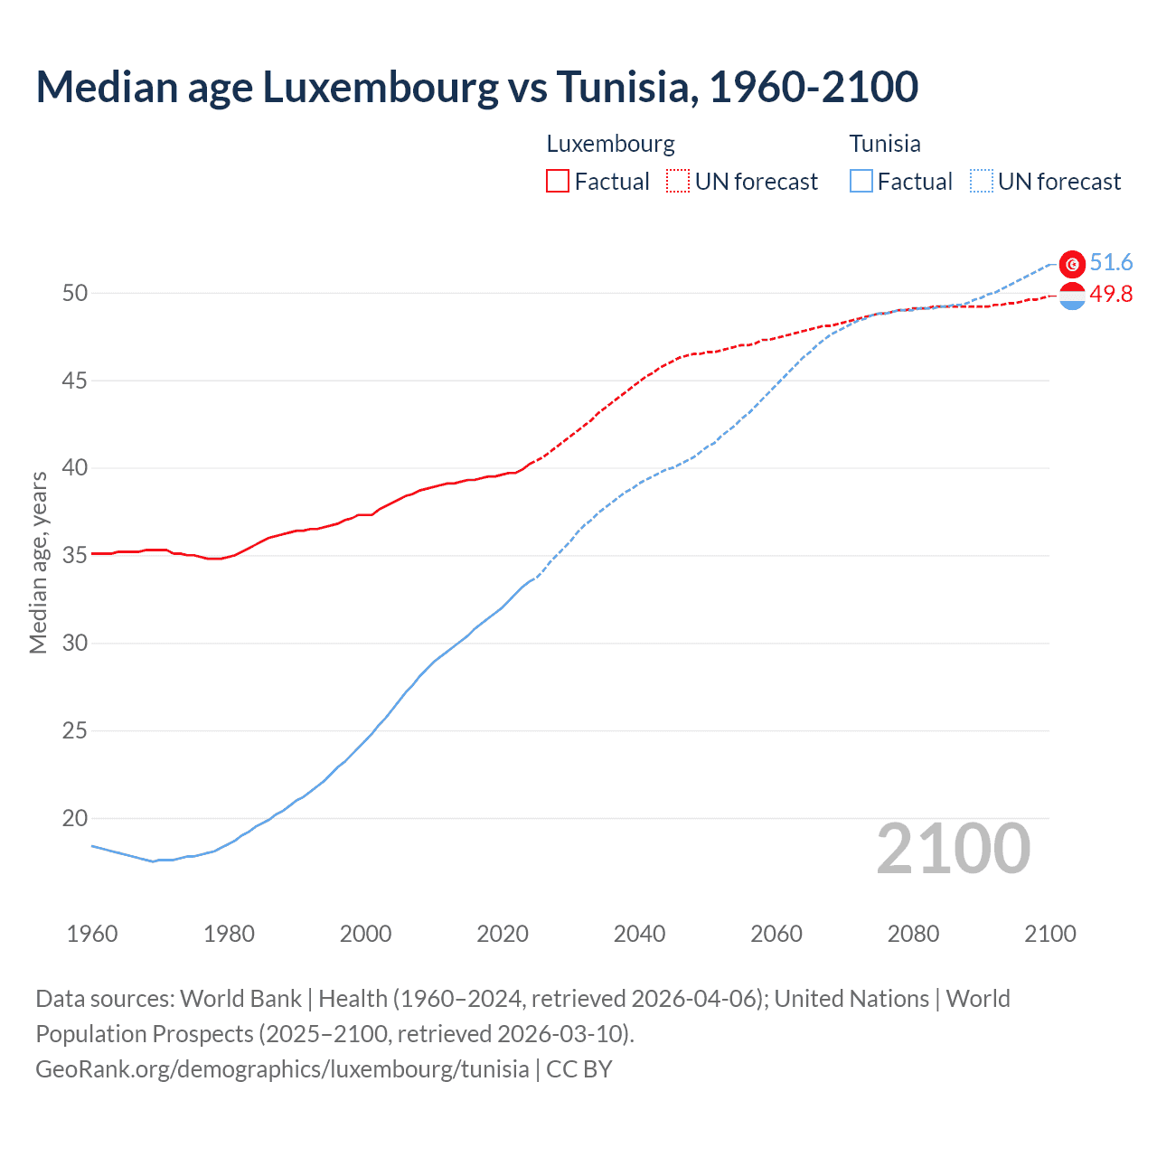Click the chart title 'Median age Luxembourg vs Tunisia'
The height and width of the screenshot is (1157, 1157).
(x=476, y=88)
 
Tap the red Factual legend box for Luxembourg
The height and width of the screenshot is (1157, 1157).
(x=558, y=182)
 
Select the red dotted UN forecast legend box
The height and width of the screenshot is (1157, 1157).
(x=678, y=182)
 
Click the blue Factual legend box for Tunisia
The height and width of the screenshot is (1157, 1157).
(x=861, y=182)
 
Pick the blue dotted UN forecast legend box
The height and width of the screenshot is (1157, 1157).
(x=982, y=182)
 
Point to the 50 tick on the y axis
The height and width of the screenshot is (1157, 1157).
(x=75, y=293)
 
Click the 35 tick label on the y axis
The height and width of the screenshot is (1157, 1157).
(x=75, y=555)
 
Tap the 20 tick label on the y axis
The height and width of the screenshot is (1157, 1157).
(x=75, y=818)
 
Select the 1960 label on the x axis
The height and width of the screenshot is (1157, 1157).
(x=92, y=934)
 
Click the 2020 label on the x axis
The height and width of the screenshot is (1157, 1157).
(x=503, y=934)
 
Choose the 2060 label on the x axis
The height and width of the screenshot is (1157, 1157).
(x=776, y=934)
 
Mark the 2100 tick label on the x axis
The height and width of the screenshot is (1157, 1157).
(x=1049, y=934)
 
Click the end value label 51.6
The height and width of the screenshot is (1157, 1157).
(x=1111, y=263)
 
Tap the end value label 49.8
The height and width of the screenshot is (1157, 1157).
(x=1111, y=295)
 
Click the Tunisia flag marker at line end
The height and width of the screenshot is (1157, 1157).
(x=1072, y=264)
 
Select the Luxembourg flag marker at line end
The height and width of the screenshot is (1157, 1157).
(x=1072, y=296)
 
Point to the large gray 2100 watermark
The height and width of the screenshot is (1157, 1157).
(x=953, y=849)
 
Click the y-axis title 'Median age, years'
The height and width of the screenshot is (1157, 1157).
(x=39, y=562)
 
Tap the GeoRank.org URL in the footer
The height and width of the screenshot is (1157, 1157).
(x=282, y=1069)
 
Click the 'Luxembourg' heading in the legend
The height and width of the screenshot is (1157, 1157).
(x=611, y=144)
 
